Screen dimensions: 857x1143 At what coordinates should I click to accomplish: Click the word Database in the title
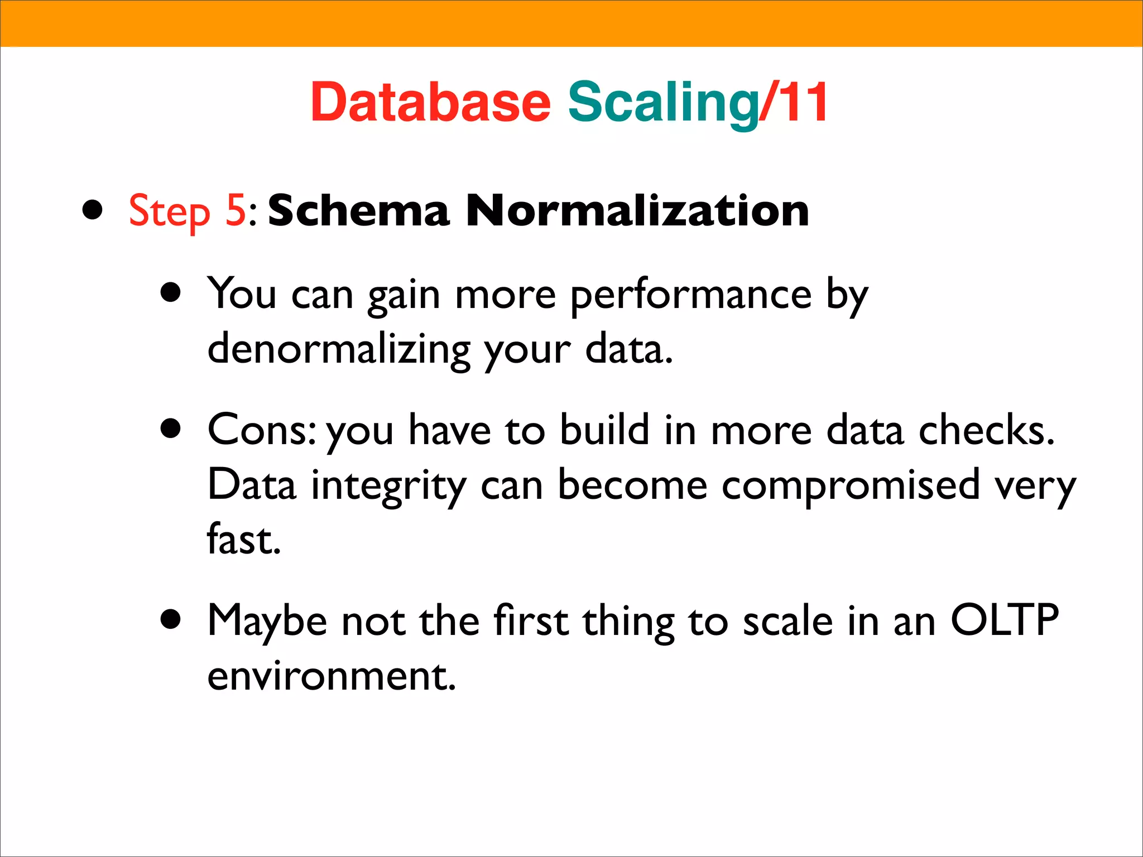430,103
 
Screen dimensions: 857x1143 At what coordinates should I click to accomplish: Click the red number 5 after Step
236,210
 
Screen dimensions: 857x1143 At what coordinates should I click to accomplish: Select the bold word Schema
358,210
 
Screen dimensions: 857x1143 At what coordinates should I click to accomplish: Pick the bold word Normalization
637,210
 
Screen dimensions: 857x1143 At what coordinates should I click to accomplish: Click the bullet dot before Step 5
93,211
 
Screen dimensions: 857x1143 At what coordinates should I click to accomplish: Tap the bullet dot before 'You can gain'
171,292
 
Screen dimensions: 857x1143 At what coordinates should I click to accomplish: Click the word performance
690,295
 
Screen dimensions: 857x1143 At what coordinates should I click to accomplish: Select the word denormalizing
339,349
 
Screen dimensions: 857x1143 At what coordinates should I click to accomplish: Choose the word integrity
388,485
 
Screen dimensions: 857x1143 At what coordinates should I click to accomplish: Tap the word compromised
851,485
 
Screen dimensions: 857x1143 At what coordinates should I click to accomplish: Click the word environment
332,676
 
